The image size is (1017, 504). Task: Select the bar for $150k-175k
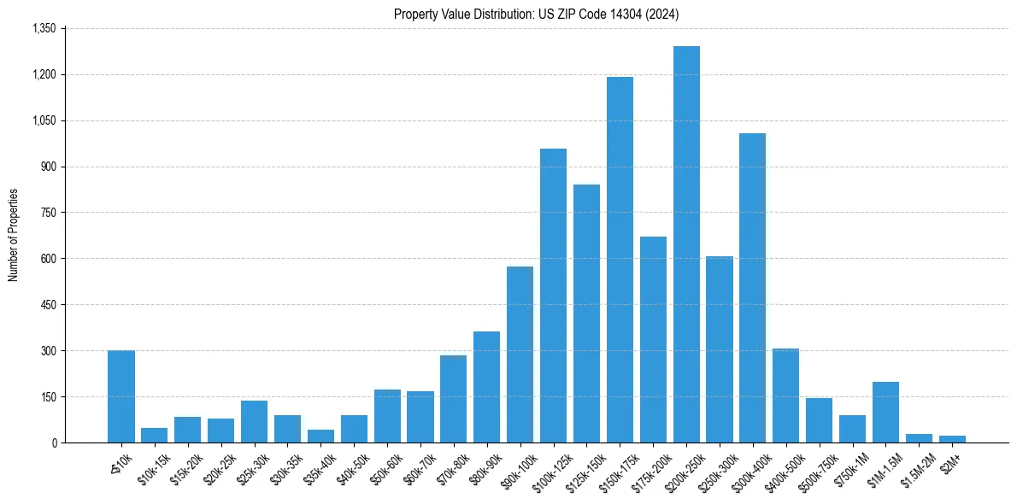(x=620, y=260)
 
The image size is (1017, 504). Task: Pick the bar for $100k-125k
(x=553, y=296)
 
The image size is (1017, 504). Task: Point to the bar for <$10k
(x=121, y=396)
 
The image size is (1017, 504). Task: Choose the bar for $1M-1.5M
(x=885, y=412)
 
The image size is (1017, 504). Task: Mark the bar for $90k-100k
(x=520, y=355)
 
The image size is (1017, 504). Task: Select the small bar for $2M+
(x=952, y=439)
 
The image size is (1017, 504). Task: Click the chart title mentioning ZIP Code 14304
(x=537, y=14)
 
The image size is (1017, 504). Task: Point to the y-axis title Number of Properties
(x=14, y=236)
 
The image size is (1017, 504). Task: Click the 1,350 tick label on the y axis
(x=44, y=28)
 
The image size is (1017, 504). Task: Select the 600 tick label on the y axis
(x=48, y=259)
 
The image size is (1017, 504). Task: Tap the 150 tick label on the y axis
(x=48, y=397)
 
